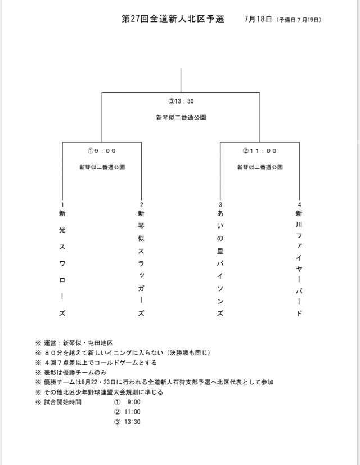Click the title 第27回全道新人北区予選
coord(173,19)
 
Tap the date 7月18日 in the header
coord(259,19)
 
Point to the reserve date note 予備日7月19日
coord(299,19)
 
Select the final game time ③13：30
coord(181,102)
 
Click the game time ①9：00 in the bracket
coord(102,151)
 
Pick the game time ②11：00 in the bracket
coord(259,151)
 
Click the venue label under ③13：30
coord(181,118)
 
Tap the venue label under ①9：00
coord(102,167)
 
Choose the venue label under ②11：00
coord(259,167)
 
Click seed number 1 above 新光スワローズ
coord(62,205)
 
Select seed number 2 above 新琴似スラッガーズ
coord(141,205)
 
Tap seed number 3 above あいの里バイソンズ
coord(220,205)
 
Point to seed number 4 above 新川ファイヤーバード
coord(299,205)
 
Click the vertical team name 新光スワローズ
coord(62,263)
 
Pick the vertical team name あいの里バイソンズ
coord(220,263)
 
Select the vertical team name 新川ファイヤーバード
coord(299,263)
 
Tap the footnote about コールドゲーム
coord(100,363)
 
